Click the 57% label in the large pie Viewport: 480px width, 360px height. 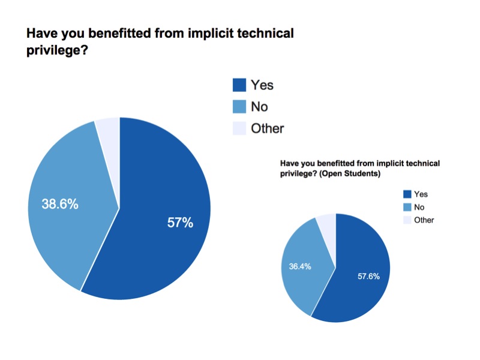(x=180, y=223)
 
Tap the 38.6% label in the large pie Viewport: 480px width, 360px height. (x=60, y=204)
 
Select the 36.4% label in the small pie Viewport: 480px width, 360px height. (x=301, y=266)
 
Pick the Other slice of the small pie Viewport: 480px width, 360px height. (x=327, y=223)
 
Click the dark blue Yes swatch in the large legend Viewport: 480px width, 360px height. (x=239, y=86)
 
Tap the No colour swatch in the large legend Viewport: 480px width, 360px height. (x=239, y=107)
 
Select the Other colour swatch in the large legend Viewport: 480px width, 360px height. (x=239, y=128)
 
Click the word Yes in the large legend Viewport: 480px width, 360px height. (x=262, y=86)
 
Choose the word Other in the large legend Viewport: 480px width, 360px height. (x=268, y=128)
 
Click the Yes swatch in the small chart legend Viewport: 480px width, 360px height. (x=407, y=194)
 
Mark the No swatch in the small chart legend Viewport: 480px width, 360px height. (x=407, y=207)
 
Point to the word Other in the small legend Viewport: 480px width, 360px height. (x=424, y=220)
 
